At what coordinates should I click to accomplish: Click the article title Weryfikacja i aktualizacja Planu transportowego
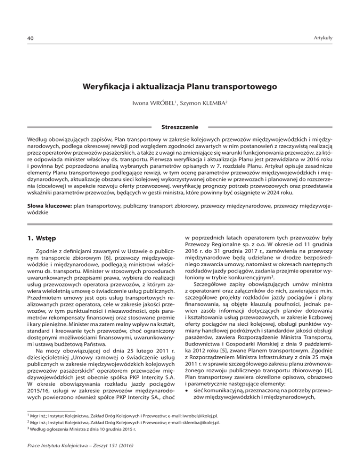tap(180, 87)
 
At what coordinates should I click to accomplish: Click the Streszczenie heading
tap(180, 127)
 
